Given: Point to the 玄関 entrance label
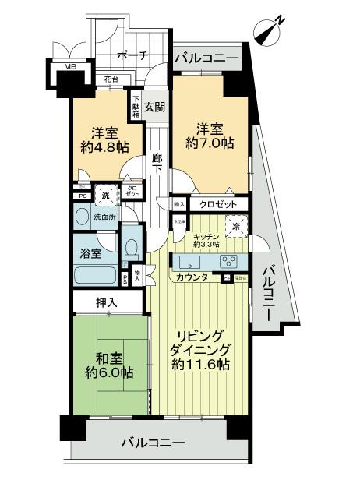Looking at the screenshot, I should pos(154,108).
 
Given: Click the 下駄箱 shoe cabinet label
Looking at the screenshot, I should pos(136,105).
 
